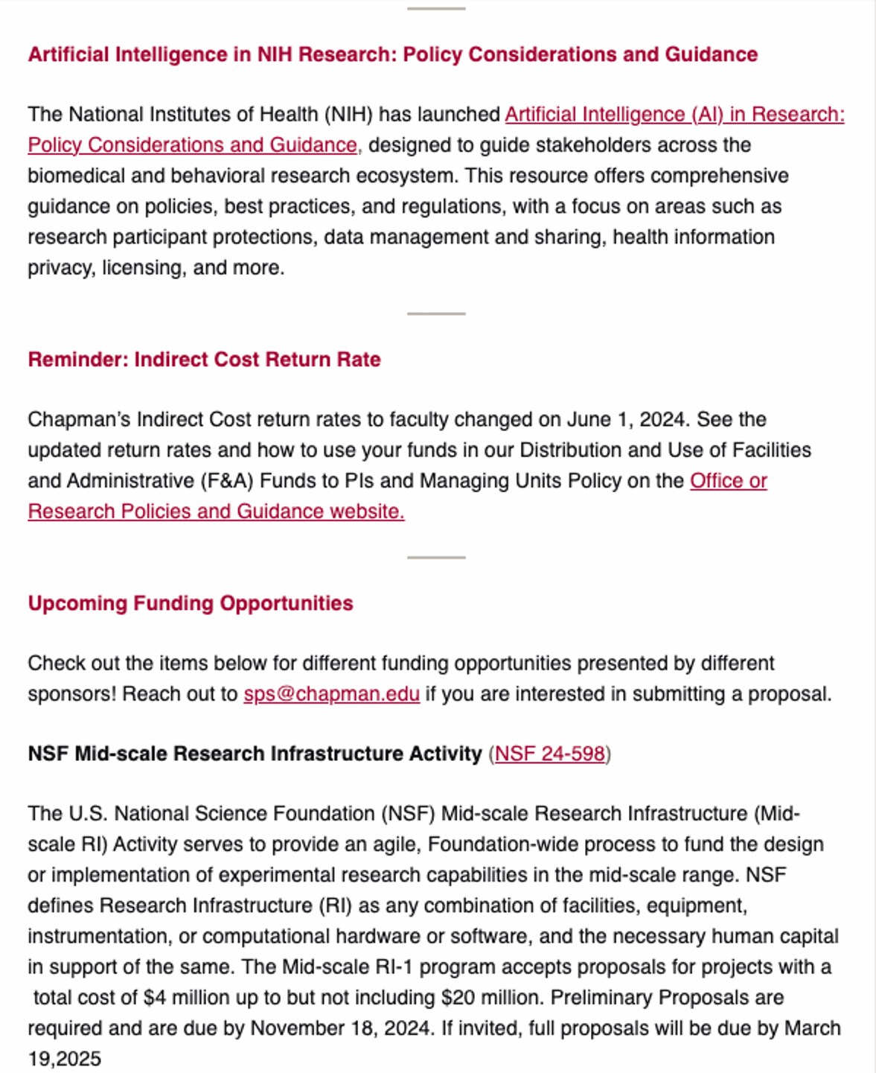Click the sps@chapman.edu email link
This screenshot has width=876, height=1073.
(331, 694)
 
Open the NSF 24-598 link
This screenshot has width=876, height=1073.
(549, 754)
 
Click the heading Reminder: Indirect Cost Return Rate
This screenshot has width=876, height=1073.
(204, 360)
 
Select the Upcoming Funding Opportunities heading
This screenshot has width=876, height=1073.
(191, 603)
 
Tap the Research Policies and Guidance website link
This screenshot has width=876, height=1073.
(216, 512)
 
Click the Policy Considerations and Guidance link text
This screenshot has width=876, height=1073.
(193, 145)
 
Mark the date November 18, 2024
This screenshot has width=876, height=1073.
(340, 1028)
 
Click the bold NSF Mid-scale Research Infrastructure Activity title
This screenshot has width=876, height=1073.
(255, 754)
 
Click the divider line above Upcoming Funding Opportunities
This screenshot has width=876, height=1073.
(436, 557)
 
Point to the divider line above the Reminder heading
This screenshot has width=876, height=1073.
(436, 313)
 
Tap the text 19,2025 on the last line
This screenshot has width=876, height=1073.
(64, 1059)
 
